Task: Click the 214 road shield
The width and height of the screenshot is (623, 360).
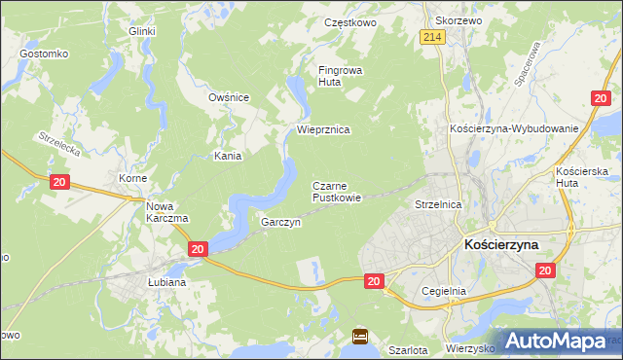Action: (434, 36)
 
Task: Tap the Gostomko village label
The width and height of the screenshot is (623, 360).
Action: (43, 53)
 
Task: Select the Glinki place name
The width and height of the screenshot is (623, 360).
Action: (143, 31)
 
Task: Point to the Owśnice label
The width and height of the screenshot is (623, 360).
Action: (230, 97)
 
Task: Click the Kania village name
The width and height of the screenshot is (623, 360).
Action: (228, 155)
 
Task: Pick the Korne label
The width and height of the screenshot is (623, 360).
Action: (132, 179)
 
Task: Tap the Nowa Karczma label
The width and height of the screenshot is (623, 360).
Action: (166, 212)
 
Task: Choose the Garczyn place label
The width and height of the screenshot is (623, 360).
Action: (280, 222)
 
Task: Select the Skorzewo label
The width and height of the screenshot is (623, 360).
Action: (459, 20)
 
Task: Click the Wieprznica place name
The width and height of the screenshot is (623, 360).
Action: (323, 129)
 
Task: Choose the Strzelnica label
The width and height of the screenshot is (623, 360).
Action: (438, 205)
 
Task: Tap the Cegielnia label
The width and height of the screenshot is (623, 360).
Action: (445, 291)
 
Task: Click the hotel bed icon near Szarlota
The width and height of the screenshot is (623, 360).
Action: (360, 337)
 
